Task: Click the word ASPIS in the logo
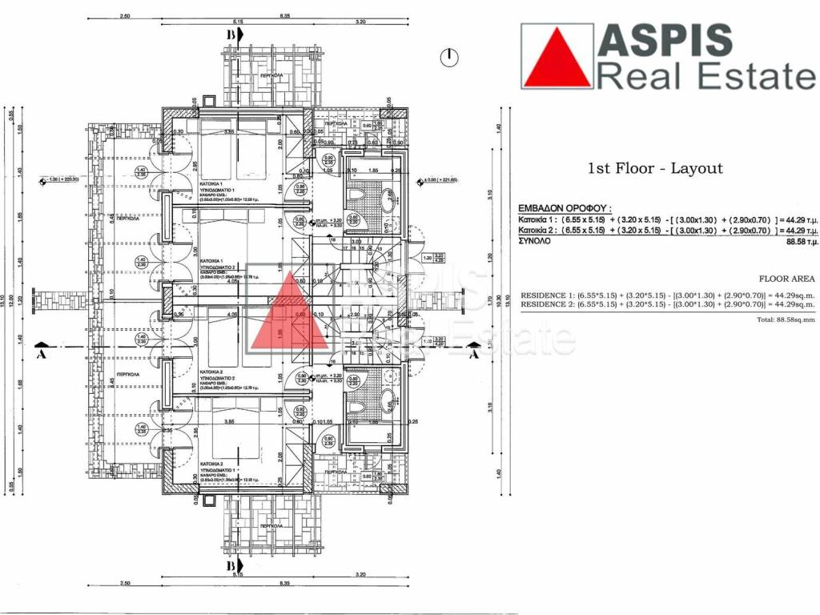(665, 40)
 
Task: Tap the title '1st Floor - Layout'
(655, 168)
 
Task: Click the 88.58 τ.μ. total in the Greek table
(801, 240)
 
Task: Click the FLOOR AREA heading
(790, 279)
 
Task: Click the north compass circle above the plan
(451, 56)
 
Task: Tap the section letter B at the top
(231, 36)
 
